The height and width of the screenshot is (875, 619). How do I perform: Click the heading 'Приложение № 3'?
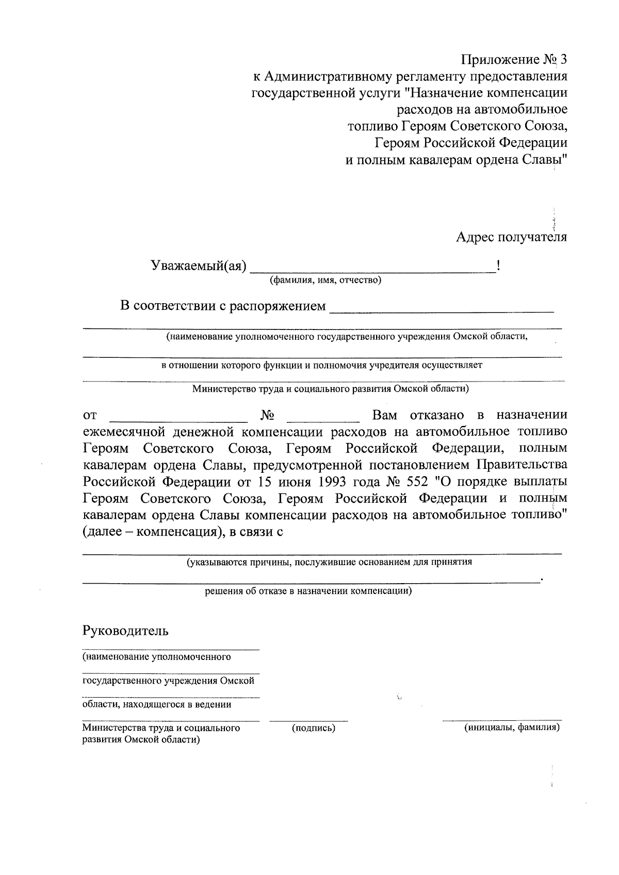coord(514,60)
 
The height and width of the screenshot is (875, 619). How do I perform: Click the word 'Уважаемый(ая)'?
coord(199,266)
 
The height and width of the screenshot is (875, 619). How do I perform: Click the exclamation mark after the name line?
coord(498,266)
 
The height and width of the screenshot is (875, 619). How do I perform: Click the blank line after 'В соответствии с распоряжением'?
coord(442,311)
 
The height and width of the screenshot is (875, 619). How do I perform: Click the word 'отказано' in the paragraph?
coord(436,415)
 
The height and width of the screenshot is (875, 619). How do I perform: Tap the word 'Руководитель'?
coord(125,630)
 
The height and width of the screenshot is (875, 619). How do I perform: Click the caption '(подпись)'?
coord(314,728)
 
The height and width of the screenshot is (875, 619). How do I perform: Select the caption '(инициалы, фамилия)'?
coord(512,728)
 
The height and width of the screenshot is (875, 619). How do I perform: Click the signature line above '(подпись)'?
coord(308,720)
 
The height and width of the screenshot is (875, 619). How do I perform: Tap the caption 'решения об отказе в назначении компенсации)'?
coord(308,591)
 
